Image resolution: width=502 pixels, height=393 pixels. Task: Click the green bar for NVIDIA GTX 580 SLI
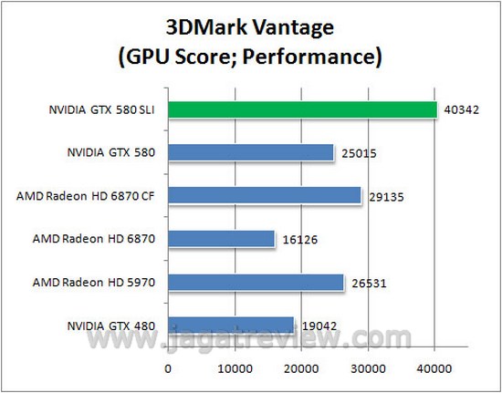pos(302,110)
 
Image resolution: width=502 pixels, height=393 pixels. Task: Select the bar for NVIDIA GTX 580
pos(251,152)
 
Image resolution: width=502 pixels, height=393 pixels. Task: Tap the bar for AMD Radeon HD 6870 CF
pos(265,195)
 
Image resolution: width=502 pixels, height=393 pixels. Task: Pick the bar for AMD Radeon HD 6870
pos(221,239)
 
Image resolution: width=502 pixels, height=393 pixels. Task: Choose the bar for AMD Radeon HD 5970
pos(256,282)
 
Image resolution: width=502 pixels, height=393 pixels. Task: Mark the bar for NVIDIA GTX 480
pos(231,325)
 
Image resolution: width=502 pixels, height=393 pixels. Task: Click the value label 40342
pos(457,110)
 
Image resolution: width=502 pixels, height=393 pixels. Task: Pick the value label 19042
pos(316,326)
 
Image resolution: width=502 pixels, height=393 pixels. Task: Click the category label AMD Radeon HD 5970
pos(88,282)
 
